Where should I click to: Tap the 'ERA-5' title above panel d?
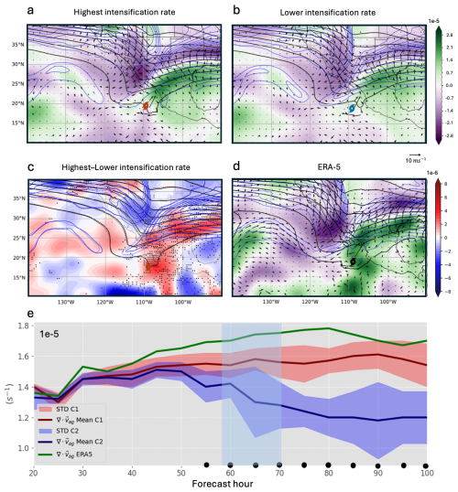(x=332, y=166)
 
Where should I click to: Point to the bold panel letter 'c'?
(x=31, y=166)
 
